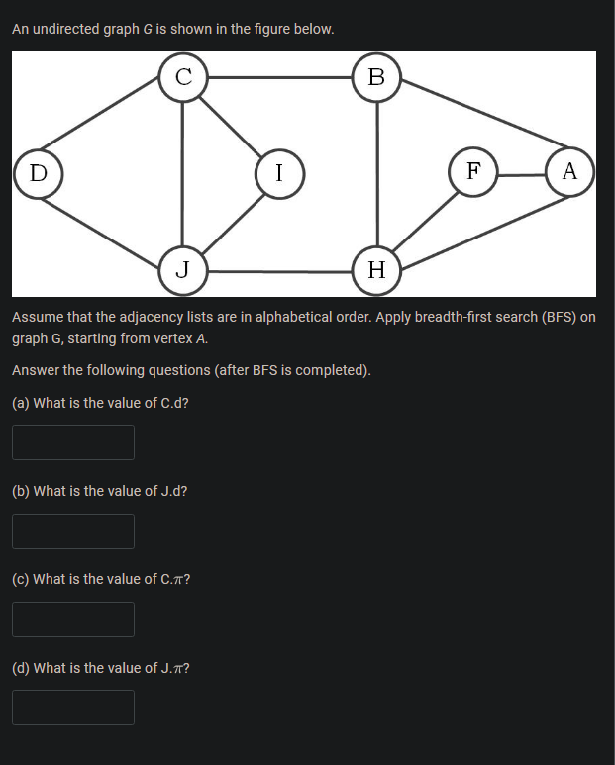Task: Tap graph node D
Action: pos(38,173)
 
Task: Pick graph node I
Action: pos(279,173)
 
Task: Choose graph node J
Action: pos(183,269)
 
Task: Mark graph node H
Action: pos(376,269)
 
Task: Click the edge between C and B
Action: pos(279,77)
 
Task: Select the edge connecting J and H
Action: pos(279,270)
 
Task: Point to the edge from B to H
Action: pos(376,173)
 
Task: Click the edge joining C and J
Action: pos(182,173)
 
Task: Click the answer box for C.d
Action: pos(73,442)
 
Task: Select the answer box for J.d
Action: pos(73,531)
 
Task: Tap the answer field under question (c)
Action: pos(73,620)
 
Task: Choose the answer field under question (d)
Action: pos(73,708)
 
